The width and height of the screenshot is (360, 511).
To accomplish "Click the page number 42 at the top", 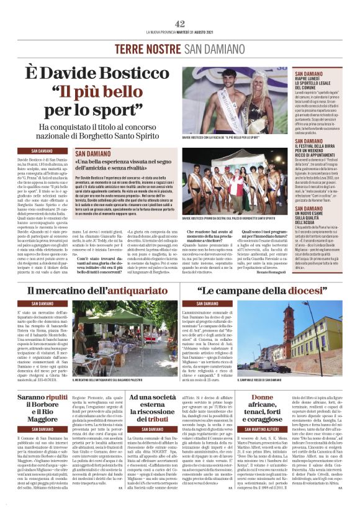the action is (179, 23).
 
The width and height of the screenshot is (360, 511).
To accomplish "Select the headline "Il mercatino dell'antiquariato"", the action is (97, 290).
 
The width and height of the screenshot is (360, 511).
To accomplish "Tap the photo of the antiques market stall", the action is (109, 337).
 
